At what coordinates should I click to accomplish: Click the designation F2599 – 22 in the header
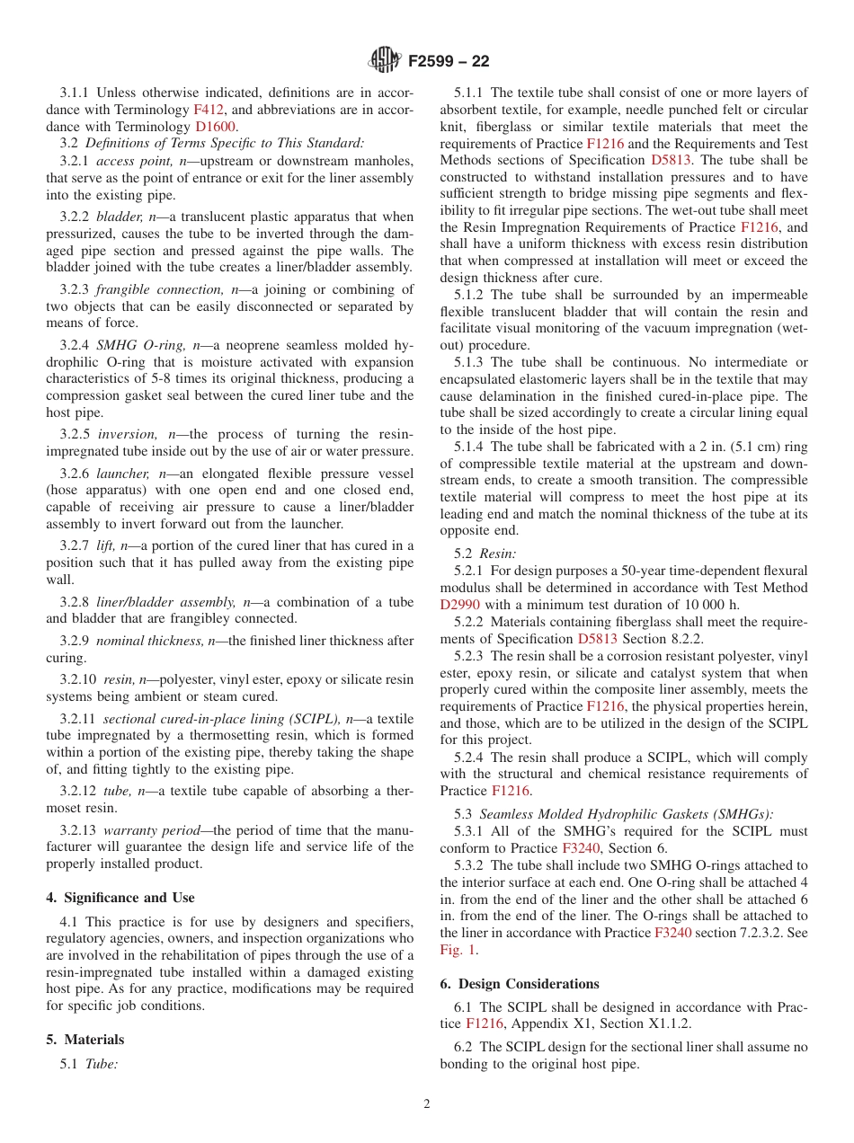(x=449, y=62)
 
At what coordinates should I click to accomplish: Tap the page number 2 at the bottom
(x=427, y=1104)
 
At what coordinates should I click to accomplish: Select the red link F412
(x=209, y=110)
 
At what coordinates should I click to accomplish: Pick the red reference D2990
(x=459, y=605)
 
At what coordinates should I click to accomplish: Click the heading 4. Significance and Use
(x=120, y=898)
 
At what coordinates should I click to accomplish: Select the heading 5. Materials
(x=85, y=1040)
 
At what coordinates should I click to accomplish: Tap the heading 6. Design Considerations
(x=519, y=984)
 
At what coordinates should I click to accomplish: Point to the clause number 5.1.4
(x=470, y=447)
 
